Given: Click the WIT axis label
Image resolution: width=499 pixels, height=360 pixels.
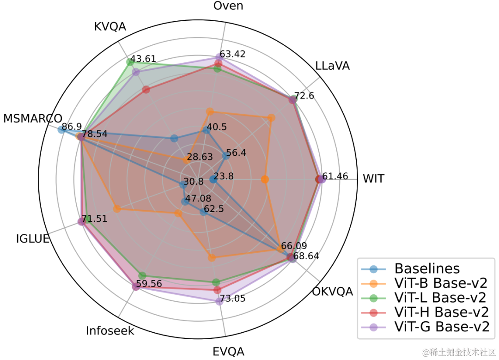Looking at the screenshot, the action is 373,178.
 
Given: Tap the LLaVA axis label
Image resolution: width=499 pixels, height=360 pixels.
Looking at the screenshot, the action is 332,66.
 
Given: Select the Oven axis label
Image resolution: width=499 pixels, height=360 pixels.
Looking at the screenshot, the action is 228,6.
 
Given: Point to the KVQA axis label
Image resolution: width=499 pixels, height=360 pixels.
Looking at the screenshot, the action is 110,26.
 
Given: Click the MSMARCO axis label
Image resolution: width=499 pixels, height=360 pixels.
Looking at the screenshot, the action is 32,118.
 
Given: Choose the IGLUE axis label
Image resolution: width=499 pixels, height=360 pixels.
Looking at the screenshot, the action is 33,238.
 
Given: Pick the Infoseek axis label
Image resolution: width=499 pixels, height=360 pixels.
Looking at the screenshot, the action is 110,331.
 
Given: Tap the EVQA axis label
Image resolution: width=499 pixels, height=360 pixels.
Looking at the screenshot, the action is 228,352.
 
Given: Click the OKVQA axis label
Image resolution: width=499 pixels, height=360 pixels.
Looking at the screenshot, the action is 332,291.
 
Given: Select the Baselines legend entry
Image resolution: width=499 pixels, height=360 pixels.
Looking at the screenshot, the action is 411,268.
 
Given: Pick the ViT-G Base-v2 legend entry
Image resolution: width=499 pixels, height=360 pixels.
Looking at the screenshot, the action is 425,327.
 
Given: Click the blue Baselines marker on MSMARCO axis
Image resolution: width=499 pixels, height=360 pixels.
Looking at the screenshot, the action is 61,129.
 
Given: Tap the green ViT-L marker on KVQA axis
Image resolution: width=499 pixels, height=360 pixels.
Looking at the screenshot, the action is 129,62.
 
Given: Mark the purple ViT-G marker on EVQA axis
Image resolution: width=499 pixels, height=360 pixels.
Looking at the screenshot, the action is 219,301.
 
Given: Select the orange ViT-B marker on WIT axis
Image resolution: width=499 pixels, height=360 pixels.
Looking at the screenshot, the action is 265,179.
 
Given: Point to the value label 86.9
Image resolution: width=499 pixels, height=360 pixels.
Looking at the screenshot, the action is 72,127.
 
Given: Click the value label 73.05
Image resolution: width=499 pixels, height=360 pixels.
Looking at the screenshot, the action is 232,299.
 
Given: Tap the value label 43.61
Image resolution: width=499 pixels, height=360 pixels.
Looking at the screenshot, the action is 143,59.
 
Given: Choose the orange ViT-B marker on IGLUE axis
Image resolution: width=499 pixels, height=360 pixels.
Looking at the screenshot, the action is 117,209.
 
